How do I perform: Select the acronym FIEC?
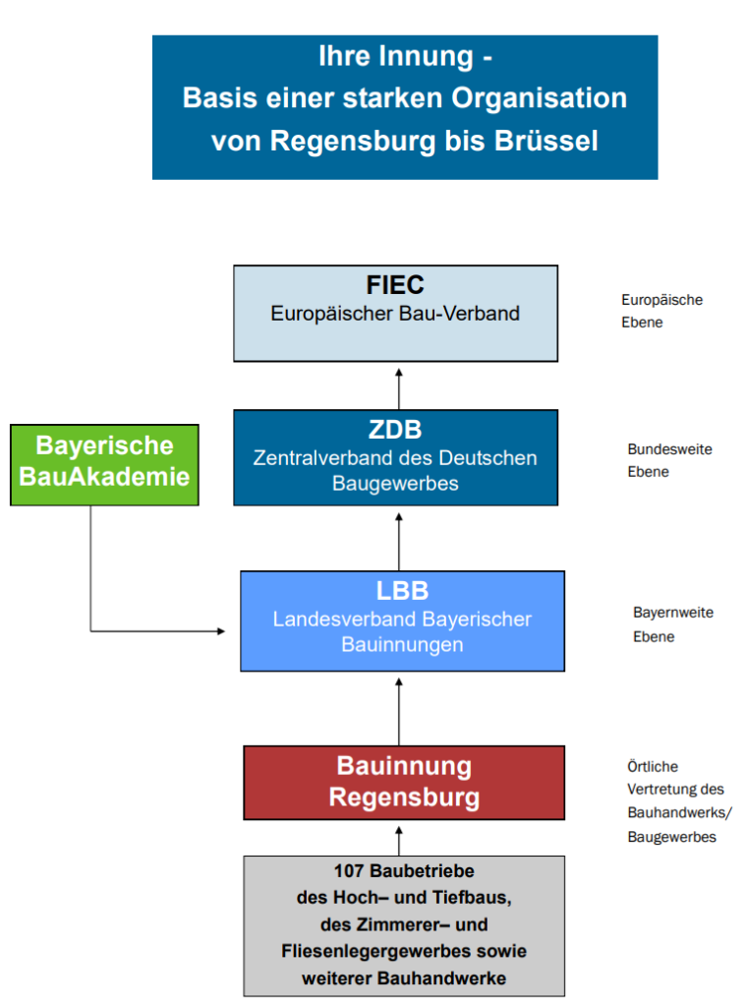(395, 284)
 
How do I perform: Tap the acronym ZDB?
(395, 430)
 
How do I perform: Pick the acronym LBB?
(402, 591)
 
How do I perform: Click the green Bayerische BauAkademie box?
(104, 465)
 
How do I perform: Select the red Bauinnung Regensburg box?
(404, 782)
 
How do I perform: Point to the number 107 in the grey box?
(349, 871)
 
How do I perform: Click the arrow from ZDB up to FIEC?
(399, 389)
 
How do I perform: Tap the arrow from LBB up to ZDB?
(399, 542)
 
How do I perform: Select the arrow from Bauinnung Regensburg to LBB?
(399, 712)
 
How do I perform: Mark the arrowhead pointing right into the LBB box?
(221, 631)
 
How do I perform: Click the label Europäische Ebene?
(661, 311)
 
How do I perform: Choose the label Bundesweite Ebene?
(669, 460)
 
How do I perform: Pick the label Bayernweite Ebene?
(673, 624)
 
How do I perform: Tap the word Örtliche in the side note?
(653, 766)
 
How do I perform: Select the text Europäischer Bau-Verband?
(395, 314)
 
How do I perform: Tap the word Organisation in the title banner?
(539, 98)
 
